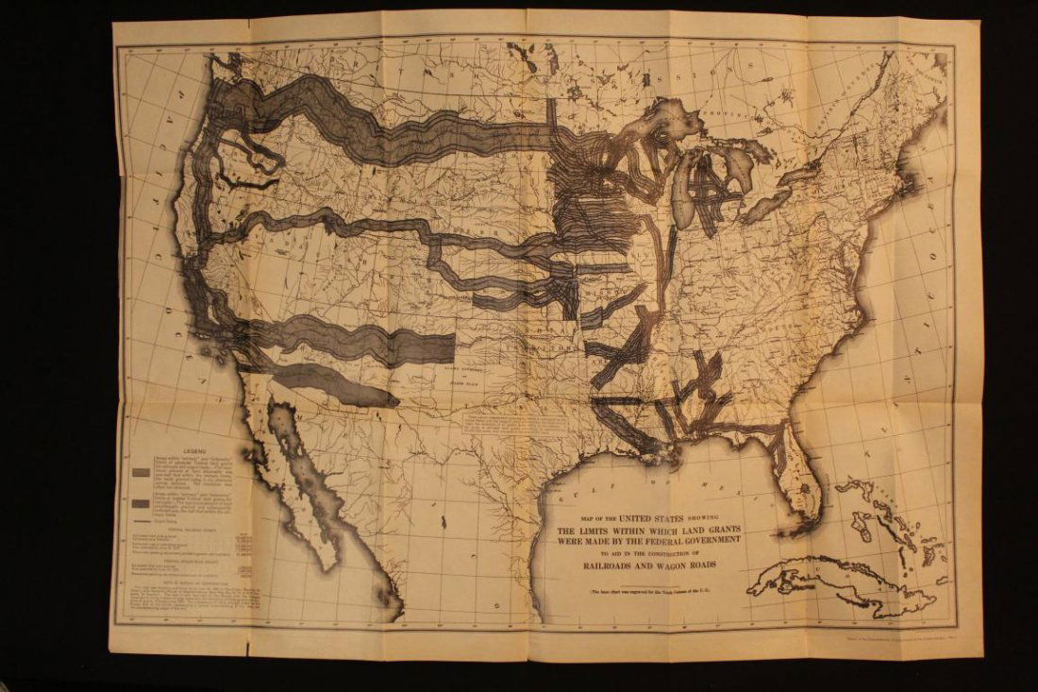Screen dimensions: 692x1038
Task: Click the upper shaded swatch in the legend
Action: click(139, 472)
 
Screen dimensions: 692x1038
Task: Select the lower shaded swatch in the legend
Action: click(139, 502)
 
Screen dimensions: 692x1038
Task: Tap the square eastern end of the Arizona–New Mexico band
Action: click(444, 347)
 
